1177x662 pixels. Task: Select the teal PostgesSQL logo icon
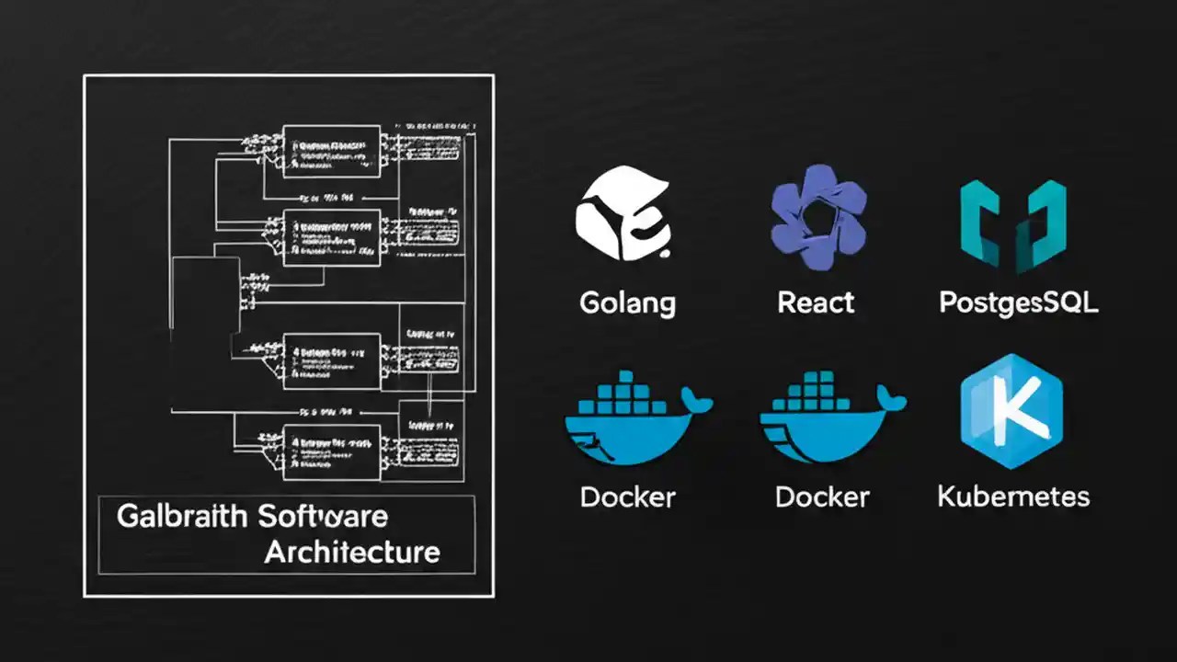pyautogui.click(x=1012, y=224)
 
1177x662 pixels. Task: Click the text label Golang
pyautogui.click(x=628, y=302)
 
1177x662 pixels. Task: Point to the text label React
pyautogui.click(x=816, y=302)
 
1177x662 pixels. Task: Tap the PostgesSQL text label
pyautogui.click(x=1018, y=302)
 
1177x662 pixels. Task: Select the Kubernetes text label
pyautogui.click(x=1013, y=497)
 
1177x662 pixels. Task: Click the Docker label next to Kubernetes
pyautogui.click(x=822, y=497)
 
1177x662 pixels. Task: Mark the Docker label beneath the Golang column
pyautogui.click(x=628, y=497)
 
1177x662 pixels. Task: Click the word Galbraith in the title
pyautogui.click(x=182, y=516)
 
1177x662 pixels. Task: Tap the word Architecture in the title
pyautogui.click(x=352, y=553)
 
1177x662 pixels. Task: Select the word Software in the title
pyautogui.click(x=322, y=516)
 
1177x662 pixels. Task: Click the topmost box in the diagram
pyautogui.click(x=331, y=151)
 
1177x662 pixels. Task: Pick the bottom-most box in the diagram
pyautogui.click(x=331, y=450)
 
